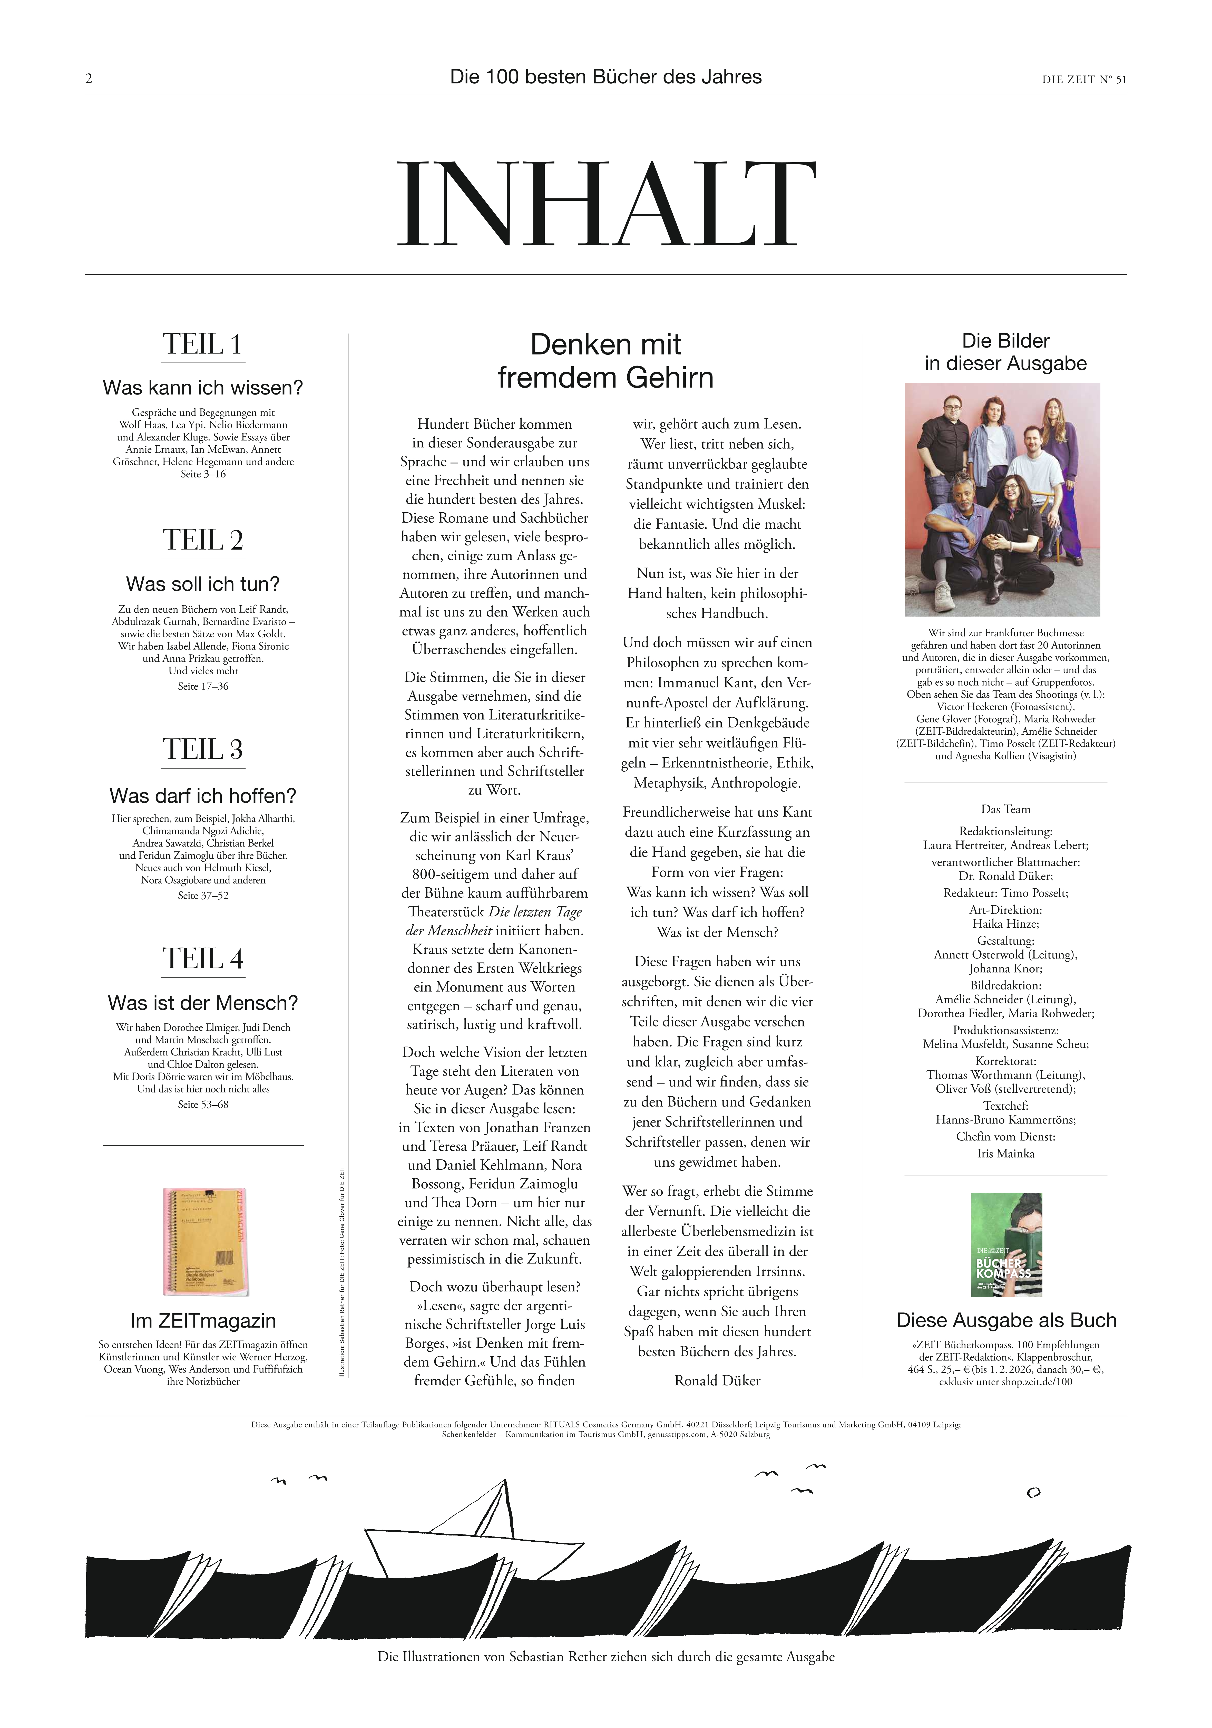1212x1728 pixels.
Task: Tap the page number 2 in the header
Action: [x=89, y=78]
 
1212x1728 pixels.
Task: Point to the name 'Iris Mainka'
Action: [x=1005, y=1153]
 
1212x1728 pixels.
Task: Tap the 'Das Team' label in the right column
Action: [x=1005, y=809]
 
